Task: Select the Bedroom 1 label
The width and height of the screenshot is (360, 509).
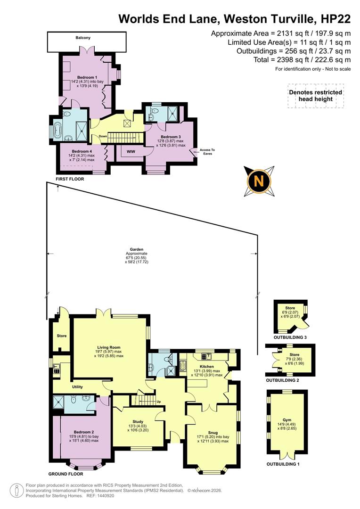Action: point(87,77)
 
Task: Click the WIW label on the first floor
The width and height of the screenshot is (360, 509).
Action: point(131,152)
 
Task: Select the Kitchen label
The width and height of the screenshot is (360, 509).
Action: point(206,366)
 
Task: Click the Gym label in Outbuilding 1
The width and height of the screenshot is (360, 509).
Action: point(287,420)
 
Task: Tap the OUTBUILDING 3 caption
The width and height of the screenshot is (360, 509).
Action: point(290,338)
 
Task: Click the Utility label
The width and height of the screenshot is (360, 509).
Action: point(77,387)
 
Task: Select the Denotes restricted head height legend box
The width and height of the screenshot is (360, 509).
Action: point(315,96)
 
